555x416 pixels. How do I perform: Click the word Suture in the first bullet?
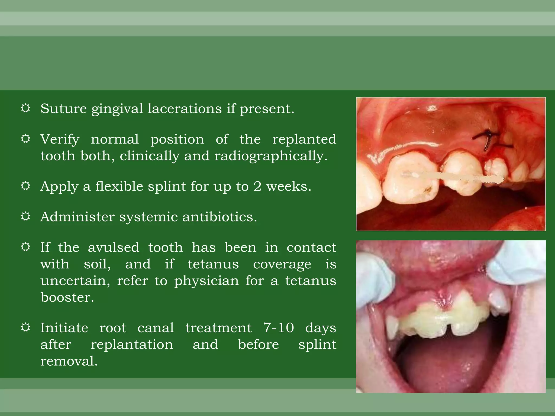tap(63, 109)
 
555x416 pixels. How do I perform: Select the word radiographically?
tap(271, 156)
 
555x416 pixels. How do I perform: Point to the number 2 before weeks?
tap(257, 186)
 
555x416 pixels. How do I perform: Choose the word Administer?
tap(77, 217)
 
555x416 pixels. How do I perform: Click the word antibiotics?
tap(220, 217)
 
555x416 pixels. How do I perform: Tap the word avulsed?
tap(114, 247)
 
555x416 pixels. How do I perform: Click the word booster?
tap(67, 297)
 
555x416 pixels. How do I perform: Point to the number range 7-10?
tap(279, 328)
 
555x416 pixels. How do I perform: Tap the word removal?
tap(69, 361)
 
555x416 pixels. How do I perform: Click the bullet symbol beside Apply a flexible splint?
tap(25, 186)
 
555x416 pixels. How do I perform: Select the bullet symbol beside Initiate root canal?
tap(25, 327)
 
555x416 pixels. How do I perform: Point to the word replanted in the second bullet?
tap(304, 139)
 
